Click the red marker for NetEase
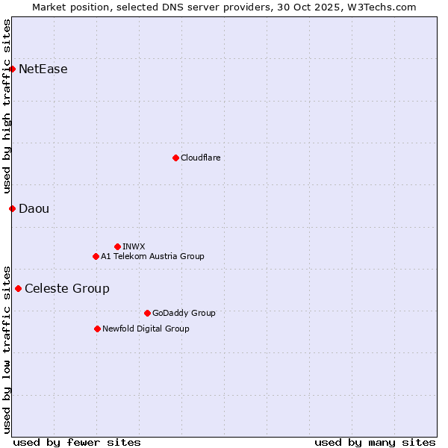[x=12, y=69]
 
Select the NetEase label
[x=43, y=69]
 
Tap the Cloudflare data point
[x=175, y=158]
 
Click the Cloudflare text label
[x=200, y=158]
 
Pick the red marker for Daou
[x=12, y=208]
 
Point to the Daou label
[x=34, y=208]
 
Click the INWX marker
[x=117, y=246]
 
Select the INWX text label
[x=134, y=246]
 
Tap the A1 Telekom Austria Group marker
[x=96, y=256]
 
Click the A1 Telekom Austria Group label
[x=152, y=256]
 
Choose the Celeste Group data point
[x=18, y=288]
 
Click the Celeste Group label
[x=66, y=288]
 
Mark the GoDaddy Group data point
[x=147, y=313]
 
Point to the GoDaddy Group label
[x=183, y=313]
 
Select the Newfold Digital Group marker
[x=97, y=329]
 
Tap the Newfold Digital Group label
[x=146, y=329]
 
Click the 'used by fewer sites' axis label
[x=77, y=442]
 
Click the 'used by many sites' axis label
[x=375, y=442]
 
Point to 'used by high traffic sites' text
[x=7, y=106]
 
